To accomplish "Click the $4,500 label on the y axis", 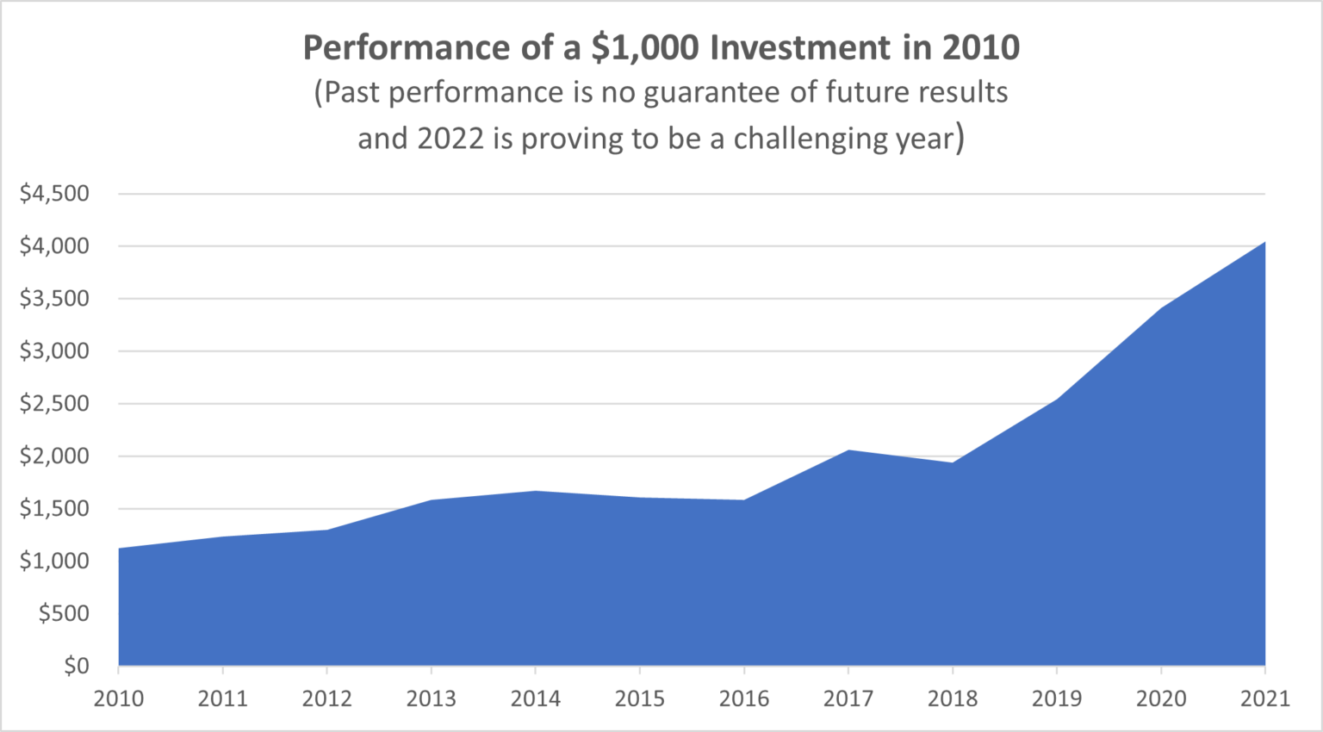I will coord(54,193).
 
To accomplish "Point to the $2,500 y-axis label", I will coord(54,403).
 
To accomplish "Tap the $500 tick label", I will coord(64,613).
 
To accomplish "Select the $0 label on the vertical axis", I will coord(77,666).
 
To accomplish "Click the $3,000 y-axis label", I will coord(54,350).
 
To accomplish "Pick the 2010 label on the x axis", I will coord(119,698).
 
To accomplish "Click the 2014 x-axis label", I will coord(536,698).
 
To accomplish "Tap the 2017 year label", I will coord(848,698).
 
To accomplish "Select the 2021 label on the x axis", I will coord(1264,698).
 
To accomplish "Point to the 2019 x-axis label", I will coord(1057,698).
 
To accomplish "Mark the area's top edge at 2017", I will coord(848,450).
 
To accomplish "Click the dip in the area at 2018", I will coord(953,463).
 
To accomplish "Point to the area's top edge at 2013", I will coord(432,500).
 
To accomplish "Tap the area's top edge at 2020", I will coord(1161,309).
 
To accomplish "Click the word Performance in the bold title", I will coord(406,48).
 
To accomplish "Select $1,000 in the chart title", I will coord(645,48).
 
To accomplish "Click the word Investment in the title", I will coord(800,48).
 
